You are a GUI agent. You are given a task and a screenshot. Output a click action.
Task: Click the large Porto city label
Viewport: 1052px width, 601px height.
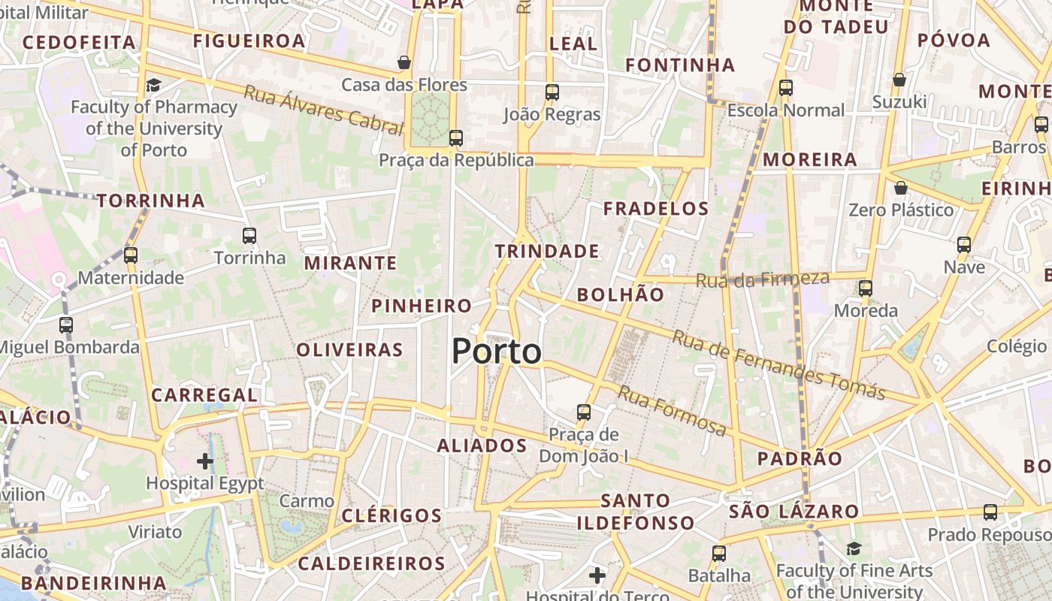coord(497,352)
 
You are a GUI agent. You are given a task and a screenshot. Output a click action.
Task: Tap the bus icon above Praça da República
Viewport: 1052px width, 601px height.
coord(456,138)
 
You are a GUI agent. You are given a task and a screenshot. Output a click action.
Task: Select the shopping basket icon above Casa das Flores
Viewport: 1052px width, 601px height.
coord(404,62)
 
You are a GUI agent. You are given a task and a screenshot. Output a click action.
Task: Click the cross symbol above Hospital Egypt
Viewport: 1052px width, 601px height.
coord(205,461)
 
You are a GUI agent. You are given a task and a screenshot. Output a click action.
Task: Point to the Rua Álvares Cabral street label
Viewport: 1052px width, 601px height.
coord(324,110)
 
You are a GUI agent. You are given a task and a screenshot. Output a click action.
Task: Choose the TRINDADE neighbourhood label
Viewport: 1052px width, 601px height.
coord(547,251)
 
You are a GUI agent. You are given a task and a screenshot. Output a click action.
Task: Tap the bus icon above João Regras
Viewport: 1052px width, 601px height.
coord(552,92)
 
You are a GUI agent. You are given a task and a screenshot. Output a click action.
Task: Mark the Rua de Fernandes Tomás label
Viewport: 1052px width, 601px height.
coord(778,364)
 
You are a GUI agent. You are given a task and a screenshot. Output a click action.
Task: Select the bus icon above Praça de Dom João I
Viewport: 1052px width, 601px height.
coord(584,412)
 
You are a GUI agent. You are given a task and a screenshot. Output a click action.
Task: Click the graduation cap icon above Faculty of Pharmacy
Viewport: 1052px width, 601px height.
coord(154,85)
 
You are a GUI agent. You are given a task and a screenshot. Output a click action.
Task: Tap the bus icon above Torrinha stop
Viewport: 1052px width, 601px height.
coord(249,236)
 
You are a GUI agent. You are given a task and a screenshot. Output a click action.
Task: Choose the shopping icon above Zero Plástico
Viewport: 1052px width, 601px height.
coord(900,188)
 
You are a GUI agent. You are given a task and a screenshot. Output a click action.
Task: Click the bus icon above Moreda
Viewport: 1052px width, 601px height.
coord(866,288)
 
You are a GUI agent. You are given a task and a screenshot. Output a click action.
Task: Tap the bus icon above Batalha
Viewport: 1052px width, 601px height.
coord(719,554)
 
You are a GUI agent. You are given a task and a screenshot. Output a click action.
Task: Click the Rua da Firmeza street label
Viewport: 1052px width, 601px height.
coord(763,279)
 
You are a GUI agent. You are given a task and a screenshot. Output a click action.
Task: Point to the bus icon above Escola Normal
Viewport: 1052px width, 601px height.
coord(786,88)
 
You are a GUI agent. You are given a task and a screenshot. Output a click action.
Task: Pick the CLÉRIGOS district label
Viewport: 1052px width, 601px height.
coord(391,515)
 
